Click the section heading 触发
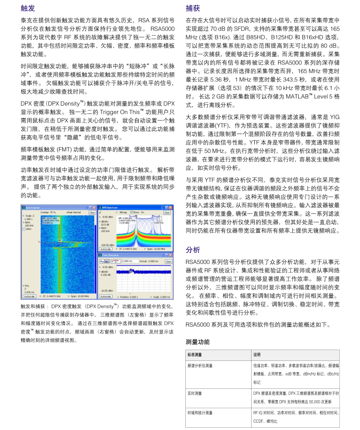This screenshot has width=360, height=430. pos(27,8)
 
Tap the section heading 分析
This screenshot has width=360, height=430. pos(193,250)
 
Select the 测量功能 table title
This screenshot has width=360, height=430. pos(198,342)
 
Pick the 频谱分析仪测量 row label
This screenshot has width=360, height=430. pos(200,365)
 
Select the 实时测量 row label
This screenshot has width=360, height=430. pos(194,393)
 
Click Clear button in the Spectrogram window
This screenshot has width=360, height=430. pos(92,212)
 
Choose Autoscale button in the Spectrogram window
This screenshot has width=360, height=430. pos(29,296)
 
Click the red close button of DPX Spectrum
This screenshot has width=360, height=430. pos(172,207)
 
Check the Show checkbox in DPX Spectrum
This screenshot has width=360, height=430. pos(132,212)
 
